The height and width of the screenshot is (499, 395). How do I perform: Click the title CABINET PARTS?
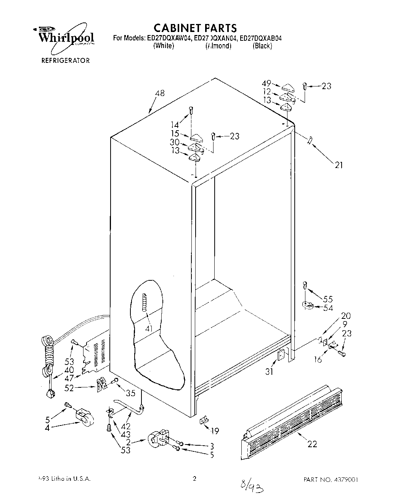click(x=195, y=28)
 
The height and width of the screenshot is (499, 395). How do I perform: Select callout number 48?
click(x=160, y=93)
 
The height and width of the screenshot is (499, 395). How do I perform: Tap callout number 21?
click(x=339, y=165)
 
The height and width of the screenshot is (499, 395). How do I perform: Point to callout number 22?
click(x=312, y=444)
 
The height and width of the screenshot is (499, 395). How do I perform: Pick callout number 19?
click(x=215, y=431)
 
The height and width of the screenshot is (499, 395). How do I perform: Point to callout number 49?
click(x=267, y=83)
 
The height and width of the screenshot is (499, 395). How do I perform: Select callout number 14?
click(x=175, y=124)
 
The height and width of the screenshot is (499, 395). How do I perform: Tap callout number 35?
click(x=130, y=393)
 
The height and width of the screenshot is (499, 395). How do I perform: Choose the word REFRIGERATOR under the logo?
click(x=66, y=60)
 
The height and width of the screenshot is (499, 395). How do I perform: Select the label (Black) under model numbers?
click(x=262, y=46)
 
